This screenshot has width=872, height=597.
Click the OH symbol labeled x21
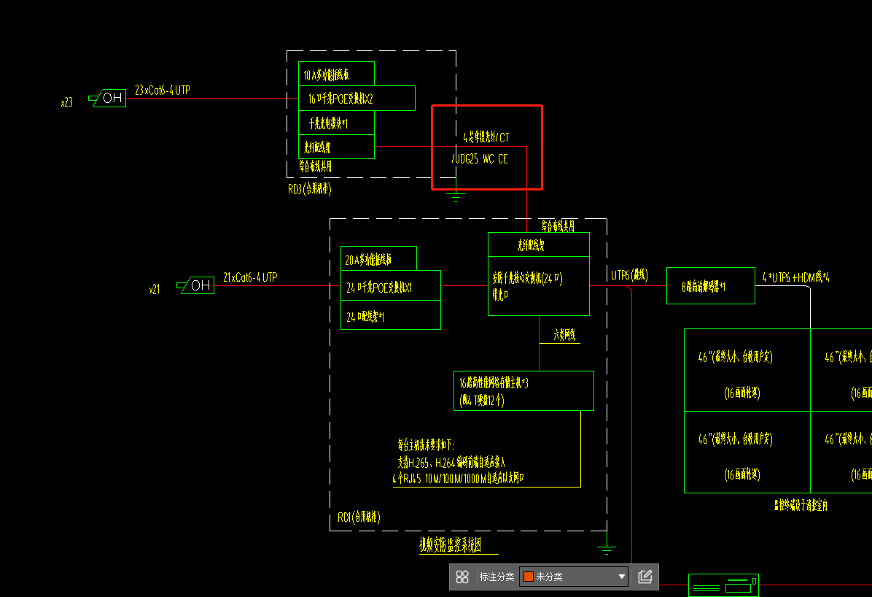pos(196,285)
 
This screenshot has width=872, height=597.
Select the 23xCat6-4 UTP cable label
pos(162,90)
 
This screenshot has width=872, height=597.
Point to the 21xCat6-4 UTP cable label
pos(250,277)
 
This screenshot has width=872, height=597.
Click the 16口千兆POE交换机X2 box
pos(357,99)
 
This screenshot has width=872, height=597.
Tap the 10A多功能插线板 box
pos(337,74)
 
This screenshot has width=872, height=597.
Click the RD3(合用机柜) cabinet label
pos(310,189)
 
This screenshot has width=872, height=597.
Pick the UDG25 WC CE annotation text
pos(480,158)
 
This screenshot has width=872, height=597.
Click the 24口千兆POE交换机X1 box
pos(390,288)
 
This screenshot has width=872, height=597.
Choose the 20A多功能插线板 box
pos(378,259)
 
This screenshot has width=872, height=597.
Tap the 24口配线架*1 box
pos(390,317)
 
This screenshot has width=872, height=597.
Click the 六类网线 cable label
pos(564,335)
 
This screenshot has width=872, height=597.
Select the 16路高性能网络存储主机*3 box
pos(523,390)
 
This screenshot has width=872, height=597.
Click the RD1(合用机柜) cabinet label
pos(359,517)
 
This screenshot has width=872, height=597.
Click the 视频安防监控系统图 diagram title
pos(449,544)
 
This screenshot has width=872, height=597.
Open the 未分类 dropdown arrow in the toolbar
pos(622,577)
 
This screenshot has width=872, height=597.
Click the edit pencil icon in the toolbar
pos(645,577)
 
